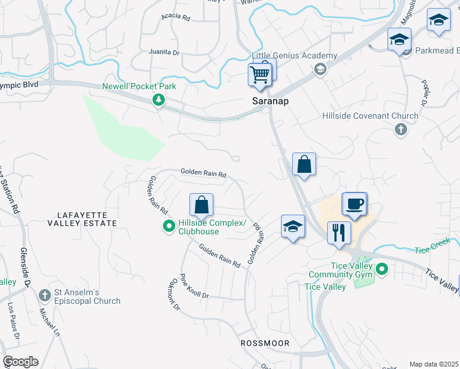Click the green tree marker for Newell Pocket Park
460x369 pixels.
[159, 100]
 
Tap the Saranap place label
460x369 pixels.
[267, 100]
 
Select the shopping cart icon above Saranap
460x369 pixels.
[260, 75]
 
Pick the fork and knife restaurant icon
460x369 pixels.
[338, 233]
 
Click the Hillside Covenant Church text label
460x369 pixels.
[370, 116]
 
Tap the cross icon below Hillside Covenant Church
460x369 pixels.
[400, 129]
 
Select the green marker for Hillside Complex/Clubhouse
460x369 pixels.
[169, 227]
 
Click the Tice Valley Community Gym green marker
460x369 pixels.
[382, 269]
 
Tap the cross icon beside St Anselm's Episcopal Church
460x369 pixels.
[44, 296]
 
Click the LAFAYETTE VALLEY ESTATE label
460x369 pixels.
[82, 219]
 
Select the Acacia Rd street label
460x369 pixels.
[176, 18]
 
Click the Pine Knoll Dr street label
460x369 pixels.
[194, 288]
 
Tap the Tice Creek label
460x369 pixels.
[433, 249]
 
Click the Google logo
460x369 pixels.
[20, 362]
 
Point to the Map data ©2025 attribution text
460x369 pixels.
[433, 364]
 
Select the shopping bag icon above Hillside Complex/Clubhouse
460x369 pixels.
[201, 205]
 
